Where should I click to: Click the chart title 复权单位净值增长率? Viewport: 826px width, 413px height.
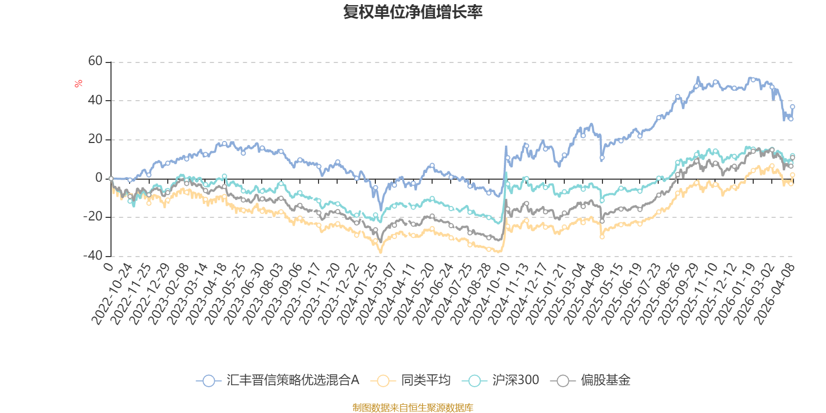pos(412,12)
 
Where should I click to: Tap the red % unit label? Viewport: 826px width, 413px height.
pos(78,84)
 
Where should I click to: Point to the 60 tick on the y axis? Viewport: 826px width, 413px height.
pos(95,61)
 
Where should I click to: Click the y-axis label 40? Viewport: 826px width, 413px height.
pos(95,100)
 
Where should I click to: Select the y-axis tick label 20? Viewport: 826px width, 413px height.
pos(95,139)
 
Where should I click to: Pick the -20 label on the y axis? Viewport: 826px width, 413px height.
pos(93,216)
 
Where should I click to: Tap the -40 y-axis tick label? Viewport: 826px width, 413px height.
pos(93,256)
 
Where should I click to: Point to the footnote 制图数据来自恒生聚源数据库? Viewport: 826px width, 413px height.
pos(412,407)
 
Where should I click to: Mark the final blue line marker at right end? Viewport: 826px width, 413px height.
pos(792,107)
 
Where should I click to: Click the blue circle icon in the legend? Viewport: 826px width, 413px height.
pos(209,380)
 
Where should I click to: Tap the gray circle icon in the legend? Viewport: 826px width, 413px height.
pos(563,380)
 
